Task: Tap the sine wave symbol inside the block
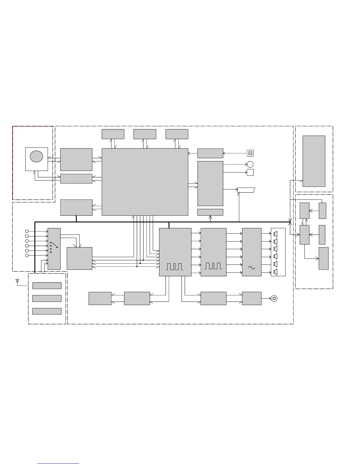tap(251, 267)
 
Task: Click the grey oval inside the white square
tap(36, 156)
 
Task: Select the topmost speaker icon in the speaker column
tap(276, 234)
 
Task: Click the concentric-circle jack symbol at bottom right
tap(274, 299)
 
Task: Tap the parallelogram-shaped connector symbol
tap(246, 190)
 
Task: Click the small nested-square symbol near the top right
tap(250, 153)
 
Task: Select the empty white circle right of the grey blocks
tap(250, 164)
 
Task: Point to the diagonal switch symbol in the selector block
tap(54, 245)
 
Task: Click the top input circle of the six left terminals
tap(27, 232)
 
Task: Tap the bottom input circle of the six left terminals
tap(27, 255)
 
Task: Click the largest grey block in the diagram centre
tap(145, 182)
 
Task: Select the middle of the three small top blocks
tap(145, 134)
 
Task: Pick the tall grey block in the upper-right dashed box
tap(314, 161)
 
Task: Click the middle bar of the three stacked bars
tap(47, 298)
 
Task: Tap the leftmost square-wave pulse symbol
tap(174, 267)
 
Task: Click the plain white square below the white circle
tap(250, 172)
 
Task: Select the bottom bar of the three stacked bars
tap(47, 311)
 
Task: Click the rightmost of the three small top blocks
tap(177, 134)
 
